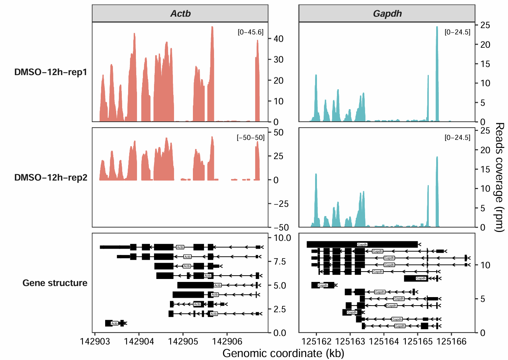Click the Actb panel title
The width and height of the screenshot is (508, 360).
point(180,14)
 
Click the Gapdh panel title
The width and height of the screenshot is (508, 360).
point(387,14)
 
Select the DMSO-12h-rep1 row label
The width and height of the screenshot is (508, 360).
point(51,72)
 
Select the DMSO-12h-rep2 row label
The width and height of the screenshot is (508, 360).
point(51,178)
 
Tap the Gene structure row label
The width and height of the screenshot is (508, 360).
point(55,283)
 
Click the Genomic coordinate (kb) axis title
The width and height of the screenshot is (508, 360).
point(283,353)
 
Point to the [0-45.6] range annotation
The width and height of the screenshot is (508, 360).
point(251,32)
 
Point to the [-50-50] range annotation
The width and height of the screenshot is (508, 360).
point(251,138)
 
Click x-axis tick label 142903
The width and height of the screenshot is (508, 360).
point(95,341)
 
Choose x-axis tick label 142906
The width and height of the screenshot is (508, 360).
point(227,341)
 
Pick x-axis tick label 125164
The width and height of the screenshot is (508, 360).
point(384,341)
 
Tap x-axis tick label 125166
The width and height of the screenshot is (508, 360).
point(451,341)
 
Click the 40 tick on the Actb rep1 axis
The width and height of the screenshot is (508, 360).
point(278,39)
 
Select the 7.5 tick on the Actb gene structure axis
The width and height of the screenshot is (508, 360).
point(280,262)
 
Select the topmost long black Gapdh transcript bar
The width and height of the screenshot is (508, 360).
point(362,244)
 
